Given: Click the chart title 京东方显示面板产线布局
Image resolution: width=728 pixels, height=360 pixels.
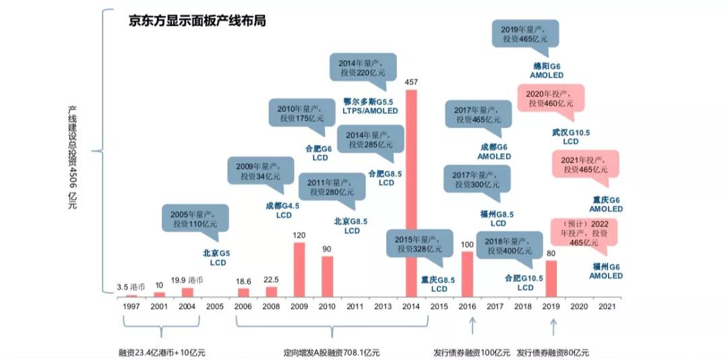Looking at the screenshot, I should pyautogui.click(x=197, y=21).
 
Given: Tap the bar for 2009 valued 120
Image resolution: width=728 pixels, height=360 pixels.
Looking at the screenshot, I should pyautogui.click(x=299, y=270).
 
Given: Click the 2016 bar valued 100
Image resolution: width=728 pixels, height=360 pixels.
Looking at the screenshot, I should pyautogui.click(x=467, y=274).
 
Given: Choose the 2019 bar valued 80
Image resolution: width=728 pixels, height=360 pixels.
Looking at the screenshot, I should pyautogui.click(x=551, y=278).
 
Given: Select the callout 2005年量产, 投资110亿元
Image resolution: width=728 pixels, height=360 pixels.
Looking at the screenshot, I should pyautogui.click(x=195, y=220).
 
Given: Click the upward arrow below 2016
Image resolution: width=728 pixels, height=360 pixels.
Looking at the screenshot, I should pyautogui.click(x=473, y=326).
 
